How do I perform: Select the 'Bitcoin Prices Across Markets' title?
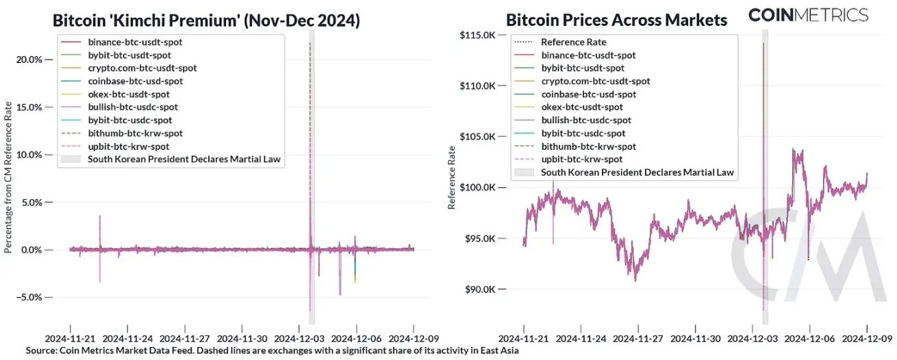[616, 20]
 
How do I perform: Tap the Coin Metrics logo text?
[808, 14]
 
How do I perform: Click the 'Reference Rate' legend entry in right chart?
[573, 42]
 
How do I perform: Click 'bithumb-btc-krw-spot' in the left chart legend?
[135, 133]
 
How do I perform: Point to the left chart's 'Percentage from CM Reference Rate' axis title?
[8, 179]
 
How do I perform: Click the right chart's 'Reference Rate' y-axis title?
[451, 179]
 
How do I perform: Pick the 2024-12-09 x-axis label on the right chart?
[868, 338]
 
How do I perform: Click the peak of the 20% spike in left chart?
[310, 42]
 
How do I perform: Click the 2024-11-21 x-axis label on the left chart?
[70, 338]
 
